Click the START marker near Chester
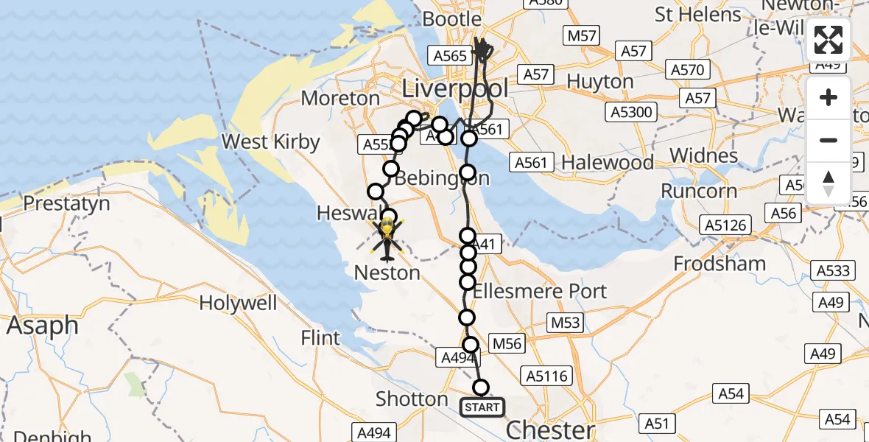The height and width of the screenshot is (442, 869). click(x=482, y=407)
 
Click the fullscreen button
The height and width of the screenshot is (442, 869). click(x=828, y=40)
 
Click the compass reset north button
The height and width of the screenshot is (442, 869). click(x=828, y=183)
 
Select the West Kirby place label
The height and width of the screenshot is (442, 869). click(x=271, y=141)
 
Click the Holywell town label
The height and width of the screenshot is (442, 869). click(x=238, y=303)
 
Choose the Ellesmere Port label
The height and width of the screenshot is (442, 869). click(x=540, y=291)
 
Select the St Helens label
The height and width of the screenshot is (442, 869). click(x=697, y=15)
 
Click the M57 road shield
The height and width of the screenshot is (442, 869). click(x=583, y=35)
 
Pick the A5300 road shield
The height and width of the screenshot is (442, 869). click(x=633, y=112)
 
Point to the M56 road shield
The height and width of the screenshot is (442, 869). click(x=507, y=343)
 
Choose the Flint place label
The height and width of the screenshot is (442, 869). click(x=320, y=338)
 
